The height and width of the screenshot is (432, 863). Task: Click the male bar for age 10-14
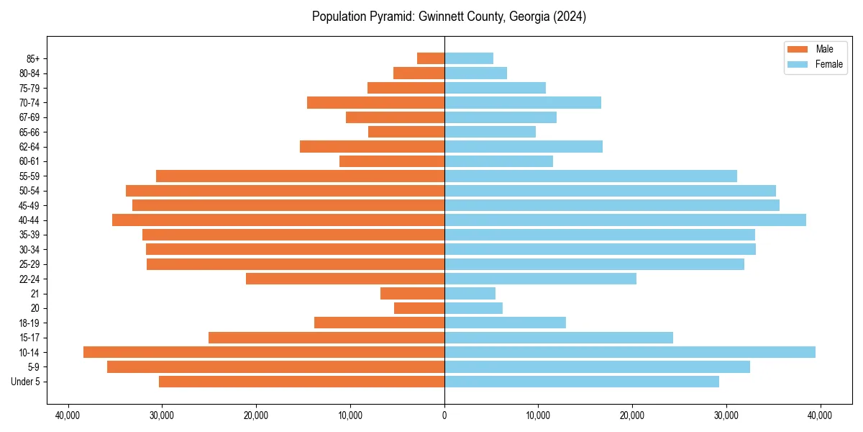point(264,352)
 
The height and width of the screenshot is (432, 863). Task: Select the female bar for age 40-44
point(625,220)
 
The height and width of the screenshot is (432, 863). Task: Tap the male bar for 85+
point(431,58)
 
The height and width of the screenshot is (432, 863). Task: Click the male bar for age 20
point(419,308)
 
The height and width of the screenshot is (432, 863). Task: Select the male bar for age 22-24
point(345,279)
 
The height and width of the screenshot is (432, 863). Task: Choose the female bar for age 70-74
point(522,102)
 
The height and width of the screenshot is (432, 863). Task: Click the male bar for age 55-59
point(300,176)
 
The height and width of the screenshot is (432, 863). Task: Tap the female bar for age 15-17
point(558,338)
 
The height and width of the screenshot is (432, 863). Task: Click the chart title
point(449,17)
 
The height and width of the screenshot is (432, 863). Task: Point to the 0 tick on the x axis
point(444,415)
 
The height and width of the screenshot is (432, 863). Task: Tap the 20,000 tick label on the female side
point(632,415)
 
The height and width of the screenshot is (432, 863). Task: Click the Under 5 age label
point(26,382)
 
